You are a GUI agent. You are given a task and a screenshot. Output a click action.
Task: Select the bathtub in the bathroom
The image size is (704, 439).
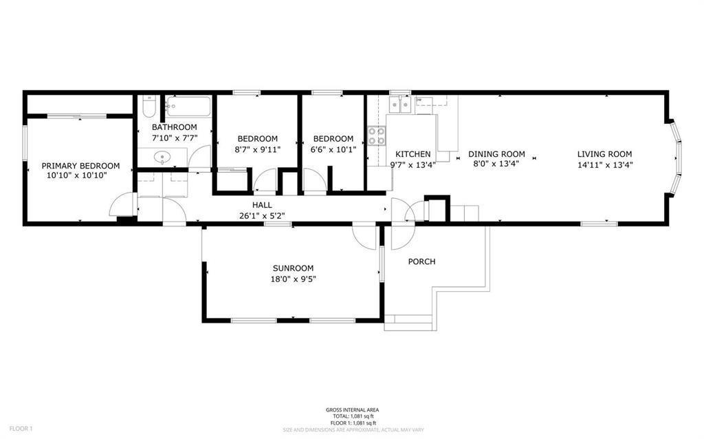pos(189,107)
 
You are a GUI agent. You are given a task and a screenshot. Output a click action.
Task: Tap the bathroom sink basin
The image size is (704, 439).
pos(163,158)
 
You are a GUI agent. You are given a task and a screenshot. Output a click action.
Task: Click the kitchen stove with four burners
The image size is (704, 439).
pos(375,136)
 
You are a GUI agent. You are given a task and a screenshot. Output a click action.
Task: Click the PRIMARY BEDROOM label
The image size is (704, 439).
pos(80,166)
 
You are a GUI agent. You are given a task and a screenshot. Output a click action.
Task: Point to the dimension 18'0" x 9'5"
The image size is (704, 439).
pos(294,279)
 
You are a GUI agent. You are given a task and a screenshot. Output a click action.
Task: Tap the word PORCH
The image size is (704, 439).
pos(421,261)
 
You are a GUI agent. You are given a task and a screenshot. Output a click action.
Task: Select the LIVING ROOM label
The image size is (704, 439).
pos(604,154)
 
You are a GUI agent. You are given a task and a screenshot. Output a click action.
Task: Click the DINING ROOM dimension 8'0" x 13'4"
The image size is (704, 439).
pos(496,164)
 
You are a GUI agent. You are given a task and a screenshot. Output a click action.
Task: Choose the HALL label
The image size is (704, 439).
pos(261,205)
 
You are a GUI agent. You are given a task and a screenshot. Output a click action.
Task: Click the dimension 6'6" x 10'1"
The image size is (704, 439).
pos(333,149)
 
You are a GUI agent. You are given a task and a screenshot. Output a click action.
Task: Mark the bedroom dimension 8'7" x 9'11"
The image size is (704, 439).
pos(257,149)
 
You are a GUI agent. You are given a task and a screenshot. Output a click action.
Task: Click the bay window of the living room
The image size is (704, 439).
pos(677,157)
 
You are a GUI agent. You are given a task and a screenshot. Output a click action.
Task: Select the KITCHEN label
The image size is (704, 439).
pos(412,154)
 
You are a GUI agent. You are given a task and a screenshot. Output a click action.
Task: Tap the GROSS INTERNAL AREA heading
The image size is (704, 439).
pos(352,410)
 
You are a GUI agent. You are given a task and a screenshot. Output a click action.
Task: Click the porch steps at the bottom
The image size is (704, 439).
pos(408,322)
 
